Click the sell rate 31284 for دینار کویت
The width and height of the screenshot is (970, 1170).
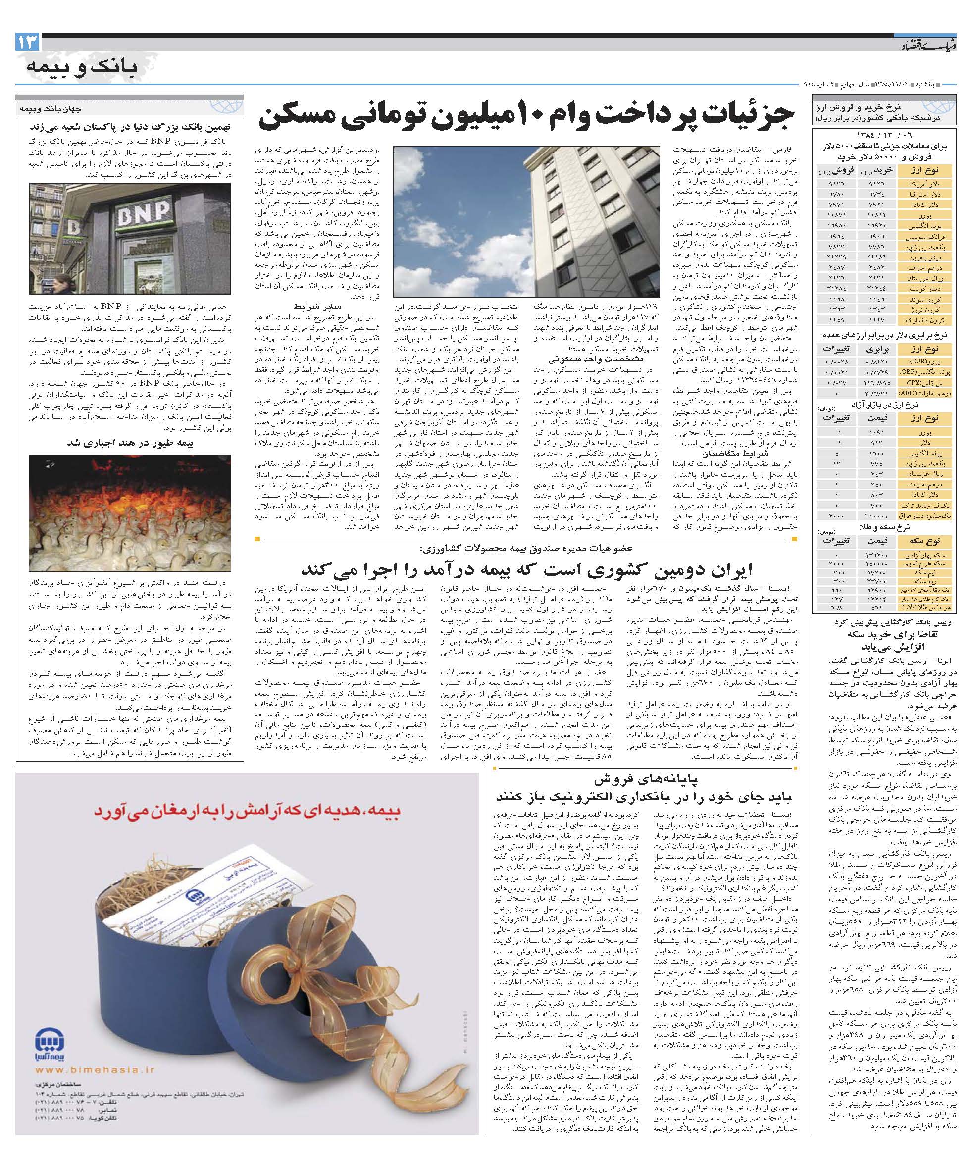[836, 289]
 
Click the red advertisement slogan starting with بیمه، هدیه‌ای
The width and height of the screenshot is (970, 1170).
[247, 813]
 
